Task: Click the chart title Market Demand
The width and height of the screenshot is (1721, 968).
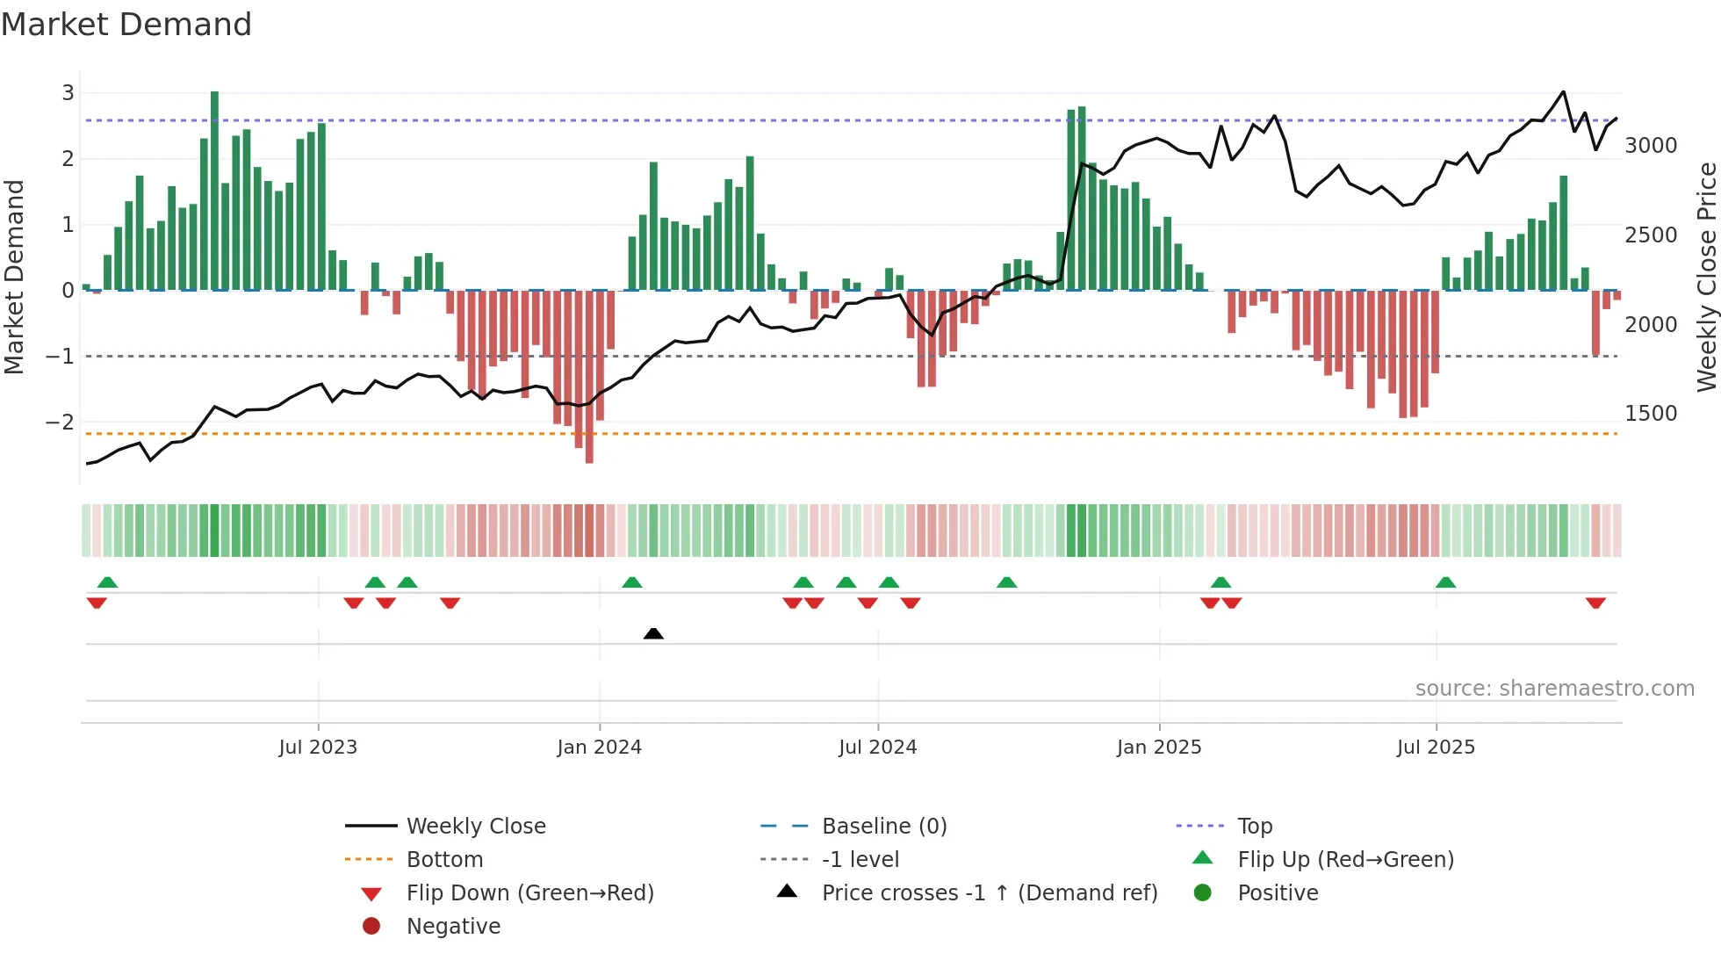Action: tap(126, 25)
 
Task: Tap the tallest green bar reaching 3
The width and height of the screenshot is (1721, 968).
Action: tap(214, 189)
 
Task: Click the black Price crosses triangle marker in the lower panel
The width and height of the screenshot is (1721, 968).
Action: tap(653, 633)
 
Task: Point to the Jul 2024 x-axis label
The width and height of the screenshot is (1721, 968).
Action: tap(877, 748)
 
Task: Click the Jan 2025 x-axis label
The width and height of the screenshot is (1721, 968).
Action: tap(1159, 748)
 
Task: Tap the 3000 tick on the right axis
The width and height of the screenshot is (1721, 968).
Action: tap(1651, 146)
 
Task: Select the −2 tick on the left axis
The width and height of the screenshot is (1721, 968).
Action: tap(60, 423)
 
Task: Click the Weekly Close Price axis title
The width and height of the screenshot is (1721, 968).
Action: tap(1706, 277)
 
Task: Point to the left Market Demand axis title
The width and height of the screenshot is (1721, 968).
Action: tap(15, 277)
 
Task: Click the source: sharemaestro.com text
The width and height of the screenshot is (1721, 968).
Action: tap(1554, 689)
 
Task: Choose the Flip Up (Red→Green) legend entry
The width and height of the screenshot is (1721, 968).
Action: tap(1345, 859)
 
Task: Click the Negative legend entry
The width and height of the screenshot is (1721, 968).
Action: tap(453, 926)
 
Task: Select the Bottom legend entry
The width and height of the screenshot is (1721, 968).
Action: tap(444, 859)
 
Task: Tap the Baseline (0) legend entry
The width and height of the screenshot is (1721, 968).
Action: tap(883, 826)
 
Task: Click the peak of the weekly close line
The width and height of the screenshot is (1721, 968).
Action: tap(1563, 91)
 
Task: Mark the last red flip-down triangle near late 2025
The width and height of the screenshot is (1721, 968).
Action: tap(1595, 603)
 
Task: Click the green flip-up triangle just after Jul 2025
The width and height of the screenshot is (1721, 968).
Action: tap(1445, 582)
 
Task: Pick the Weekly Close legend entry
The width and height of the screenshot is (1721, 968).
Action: tap(475, 826)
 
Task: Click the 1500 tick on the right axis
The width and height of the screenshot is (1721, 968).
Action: tap(1651, 414)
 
